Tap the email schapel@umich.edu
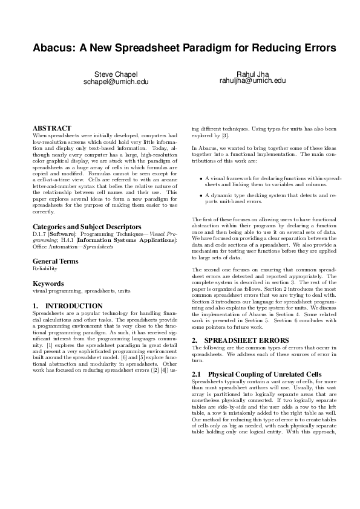click(116, 80)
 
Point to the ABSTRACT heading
click(51, 128)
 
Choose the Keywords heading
click(48, 283)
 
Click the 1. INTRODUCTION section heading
click(67, 306)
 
